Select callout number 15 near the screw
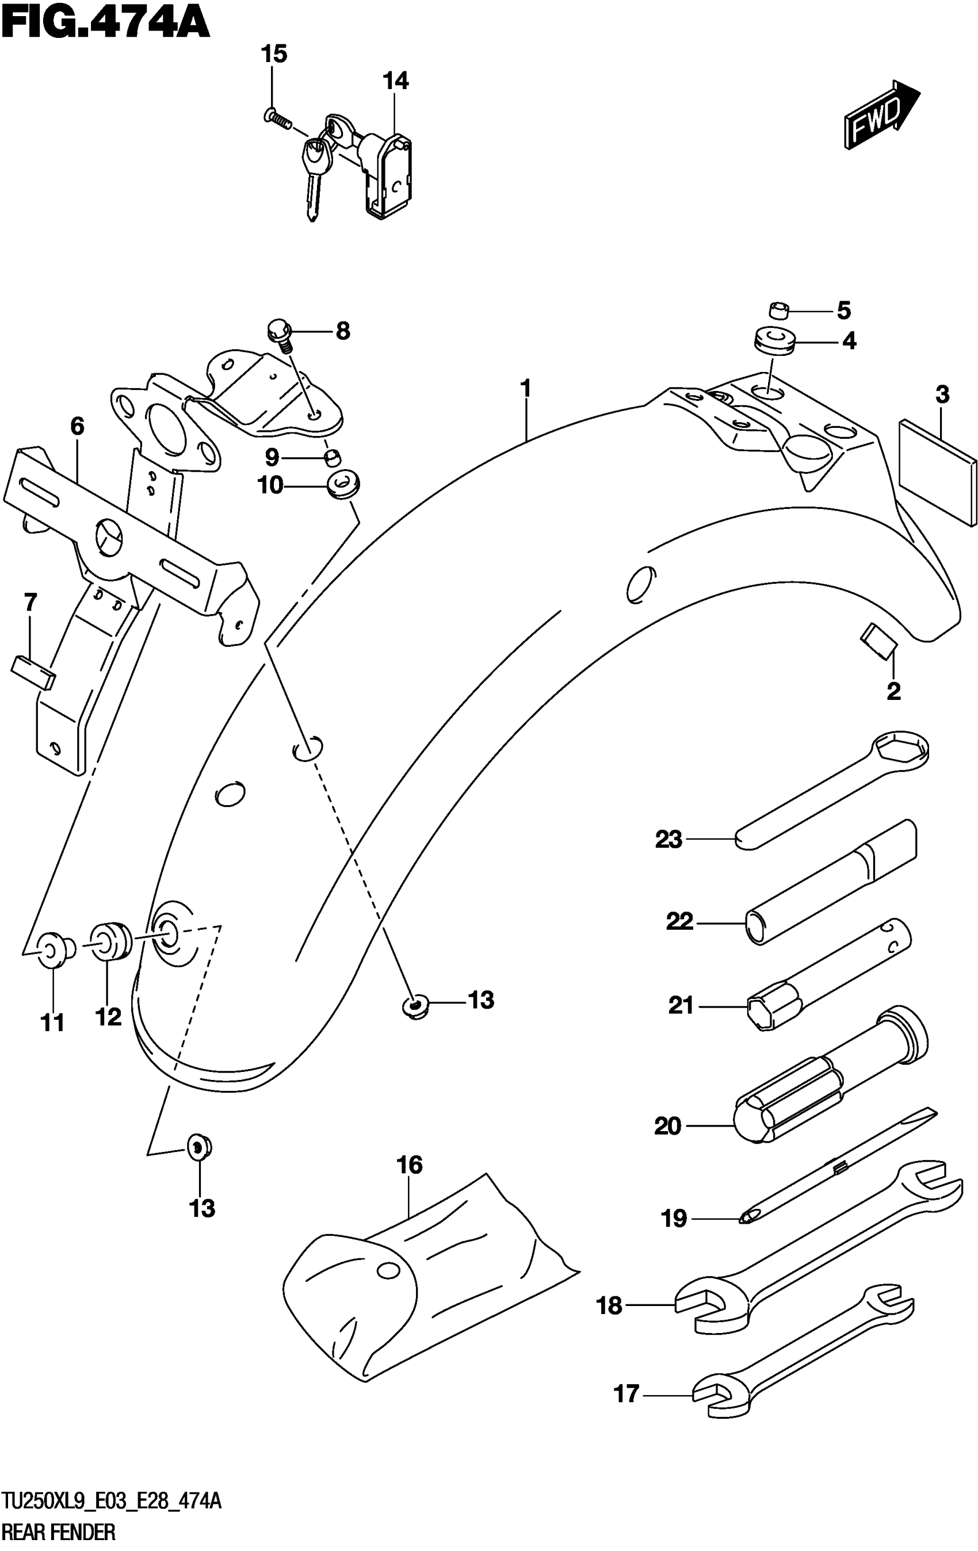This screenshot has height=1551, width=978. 274,55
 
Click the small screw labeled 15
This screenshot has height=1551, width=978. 277,118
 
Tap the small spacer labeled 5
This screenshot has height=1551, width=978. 780,311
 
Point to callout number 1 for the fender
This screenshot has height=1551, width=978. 526,388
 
